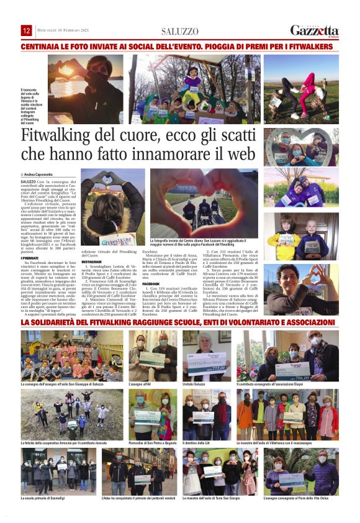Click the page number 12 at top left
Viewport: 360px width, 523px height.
[x=27, y=30]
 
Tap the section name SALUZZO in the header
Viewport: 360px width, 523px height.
[x=179, y=31]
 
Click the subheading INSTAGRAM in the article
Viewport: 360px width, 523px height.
[x=91, y=262]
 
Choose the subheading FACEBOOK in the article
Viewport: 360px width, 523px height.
[x=151, y=283]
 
